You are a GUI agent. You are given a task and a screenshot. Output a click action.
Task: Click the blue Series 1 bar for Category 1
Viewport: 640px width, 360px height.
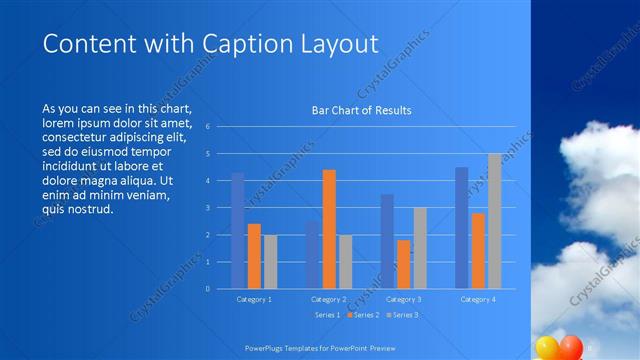click(x=237, y=231)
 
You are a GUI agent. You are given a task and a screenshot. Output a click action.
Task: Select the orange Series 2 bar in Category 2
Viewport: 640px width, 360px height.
click(x=329, y=229)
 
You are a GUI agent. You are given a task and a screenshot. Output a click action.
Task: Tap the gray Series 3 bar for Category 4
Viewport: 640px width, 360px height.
click(x=494, y=221)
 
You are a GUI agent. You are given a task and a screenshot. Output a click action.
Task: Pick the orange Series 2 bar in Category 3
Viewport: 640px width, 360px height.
click(x=403, y=264)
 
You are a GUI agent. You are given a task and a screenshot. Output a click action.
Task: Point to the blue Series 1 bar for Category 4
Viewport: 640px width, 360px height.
click(x=461, y=228)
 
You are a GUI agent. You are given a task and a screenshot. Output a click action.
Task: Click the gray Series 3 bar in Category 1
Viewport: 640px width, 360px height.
click(x=270, y=262)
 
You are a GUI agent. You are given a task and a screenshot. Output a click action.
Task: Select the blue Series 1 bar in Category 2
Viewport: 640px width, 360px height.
click(x=312, y=255)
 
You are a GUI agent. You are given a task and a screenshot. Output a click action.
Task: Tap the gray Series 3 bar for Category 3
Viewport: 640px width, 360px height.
click(x=420, y=248)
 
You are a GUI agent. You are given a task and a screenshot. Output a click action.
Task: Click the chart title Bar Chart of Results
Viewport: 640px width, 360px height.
click(x=361, y=111)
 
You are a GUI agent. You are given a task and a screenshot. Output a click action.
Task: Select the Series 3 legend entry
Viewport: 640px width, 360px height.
click(x=404, y=315)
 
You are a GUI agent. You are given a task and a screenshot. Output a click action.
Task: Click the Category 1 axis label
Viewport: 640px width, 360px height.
click(x=254, y=299)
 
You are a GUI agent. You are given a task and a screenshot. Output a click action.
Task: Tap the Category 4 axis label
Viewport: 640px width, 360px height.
click(x=477, y=299)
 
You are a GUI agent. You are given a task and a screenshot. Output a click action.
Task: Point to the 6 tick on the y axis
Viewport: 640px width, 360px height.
click(x=207, y=127)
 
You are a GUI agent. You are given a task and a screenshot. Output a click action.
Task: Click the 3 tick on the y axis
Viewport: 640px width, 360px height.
click(x=207, y=208)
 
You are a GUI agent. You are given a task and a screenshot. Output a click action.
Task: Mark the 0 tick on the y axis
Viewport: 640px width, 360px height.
click(x=207, y=289)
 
